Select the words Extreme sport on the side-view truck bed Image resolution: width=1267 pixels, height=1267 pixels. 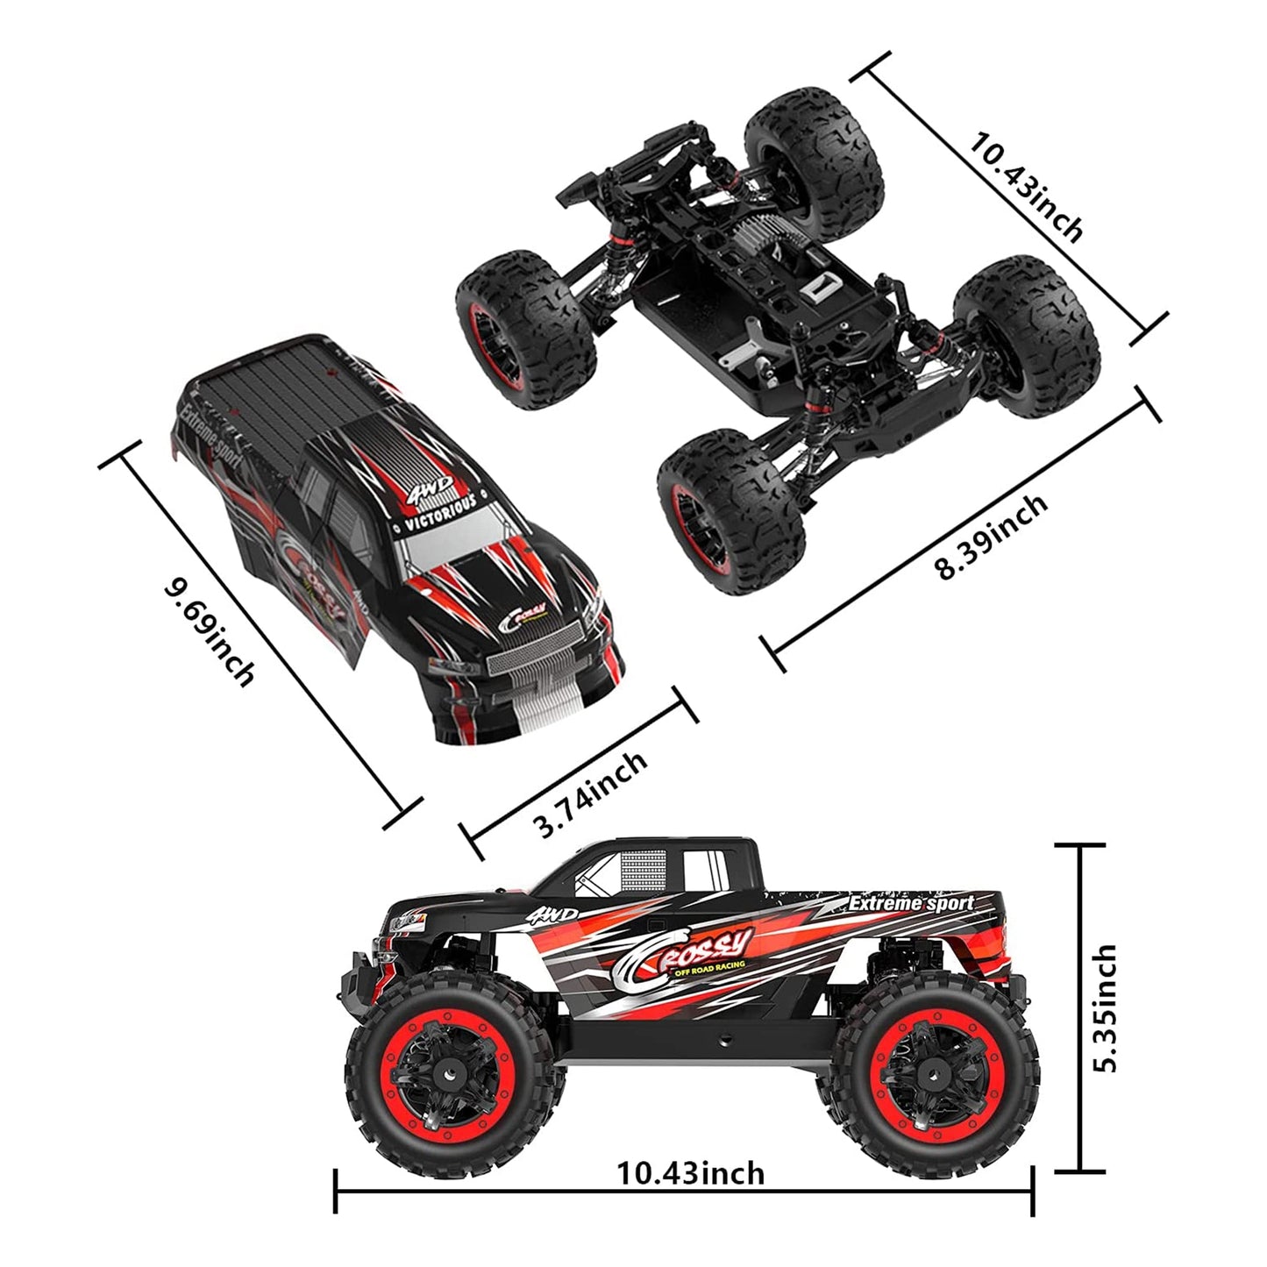point(911,902)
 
